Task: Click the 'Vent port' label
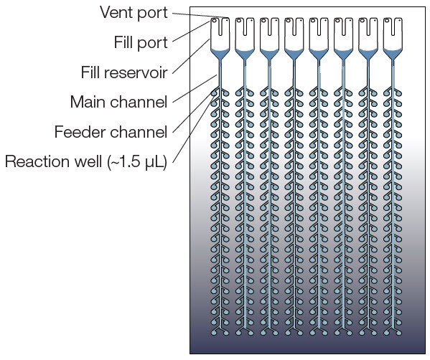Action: click(x=134, y=11)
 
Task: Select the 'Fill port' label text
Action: click(x=141, y=42)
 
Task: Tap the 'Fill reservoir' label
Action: click(x=123, y=72)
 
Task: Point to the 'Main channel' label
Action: click(x=118, y=102)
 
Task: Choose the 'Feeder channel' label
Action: click(x=111, y=132)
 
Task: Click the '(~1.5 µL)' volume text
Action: click(x=137, y=162)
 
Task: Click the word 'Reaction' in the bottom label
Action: click(x=37, y=162)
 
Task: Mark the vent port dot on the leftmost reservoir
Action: click(x=226, y=21)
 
